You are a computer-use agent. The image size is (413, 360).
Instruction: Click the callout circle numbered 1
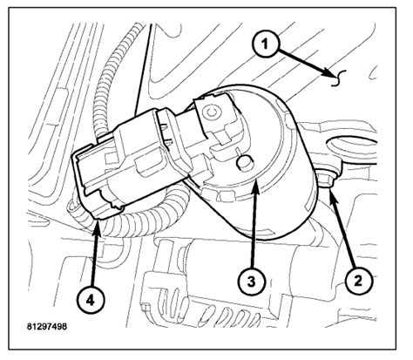[x=268, y=41]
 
